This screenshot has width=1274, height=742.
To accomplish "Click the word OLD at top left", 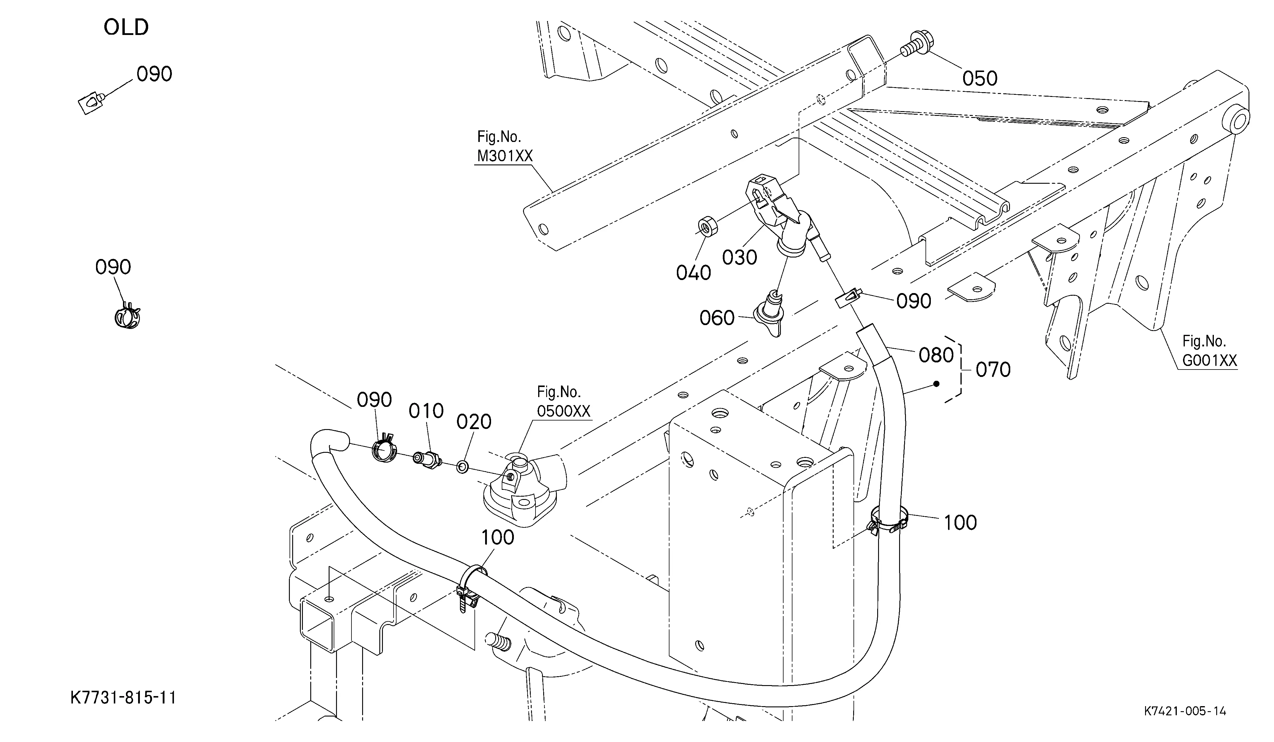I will (x=126, y=27).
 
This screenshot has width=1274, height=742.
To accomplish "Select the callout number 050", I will (x=979, y=78).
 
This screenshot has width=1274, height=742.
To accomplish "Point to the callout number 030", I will (x=739, y=257).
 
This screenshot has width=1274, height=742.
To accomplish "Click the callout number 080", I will (x=936, y=355).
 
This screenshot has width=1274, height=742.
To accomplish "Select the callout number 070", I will (x=993, y=370).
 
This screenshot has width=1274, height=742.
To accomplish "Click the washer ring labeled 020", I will (x=462, y=466).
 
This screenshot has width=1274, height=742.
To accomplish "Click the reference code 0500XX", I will (x=563, y=411).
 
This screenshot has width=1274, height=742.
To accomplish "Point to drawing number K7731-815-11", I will (x=123, y=698).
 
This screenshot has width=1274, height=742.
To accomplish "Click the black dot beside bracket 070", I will (x=936, y=384).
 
